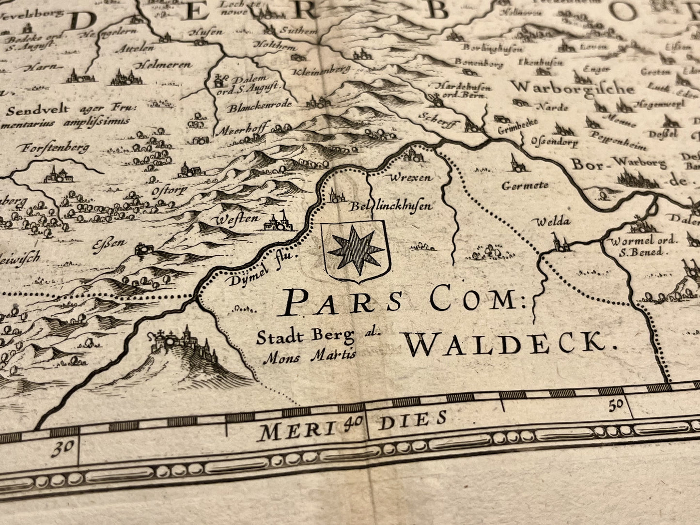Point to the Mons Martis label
pyautogui.click(x=310, y=357)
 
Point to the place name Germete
pyautogui.click(x=525, y=185)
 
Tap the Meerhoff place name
pyautogui.click(x=241, y=130)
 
